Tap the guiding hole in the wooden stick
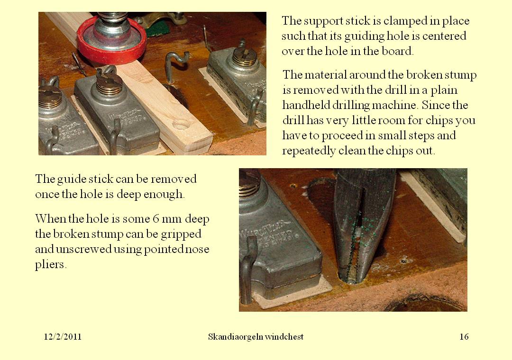click(x=181, y=125)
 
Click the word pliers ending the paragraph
click(x=50, y=264)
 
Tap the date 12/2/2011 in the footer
click(x=63, y=337)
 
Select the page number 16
click(x=464, y=337)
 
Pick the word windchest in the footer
click(x=284, y=337)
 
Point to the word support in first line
click(x=327, y=21)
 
